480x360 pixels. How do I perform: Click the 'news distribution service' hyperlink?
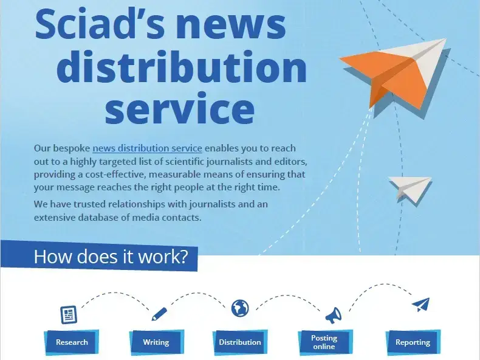click(147, 148)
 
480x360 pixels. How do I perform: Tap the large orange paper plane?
click(395, 74)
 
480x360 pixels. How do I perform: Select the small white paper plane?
click(410, 189)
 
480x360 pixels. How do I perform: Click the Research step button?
click(72, 342)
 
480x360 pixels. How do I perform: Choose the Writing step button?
click(156, 342)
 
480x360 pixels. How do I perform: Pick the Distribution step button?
click(240, 342)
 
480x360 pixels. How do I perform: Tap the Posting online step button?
click(324, 342)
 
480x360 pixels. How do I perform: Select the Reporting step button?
click(413, 342)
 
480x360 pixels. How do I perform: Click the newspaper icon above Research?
click(69, 314)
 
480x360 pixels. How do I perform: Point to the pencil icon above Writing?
click(159, 314)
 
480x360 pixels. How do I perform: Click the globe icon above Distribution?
click(240, 308)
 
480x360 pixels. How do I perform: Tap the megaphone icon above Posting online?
click(333, 315)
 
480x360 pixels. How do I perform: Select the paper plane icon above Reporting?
click(421, 305)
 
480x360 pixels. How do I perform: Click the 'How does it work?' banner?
click(99, 256)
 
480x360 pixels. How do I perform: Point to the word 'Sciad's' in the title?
click(100, 24)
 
